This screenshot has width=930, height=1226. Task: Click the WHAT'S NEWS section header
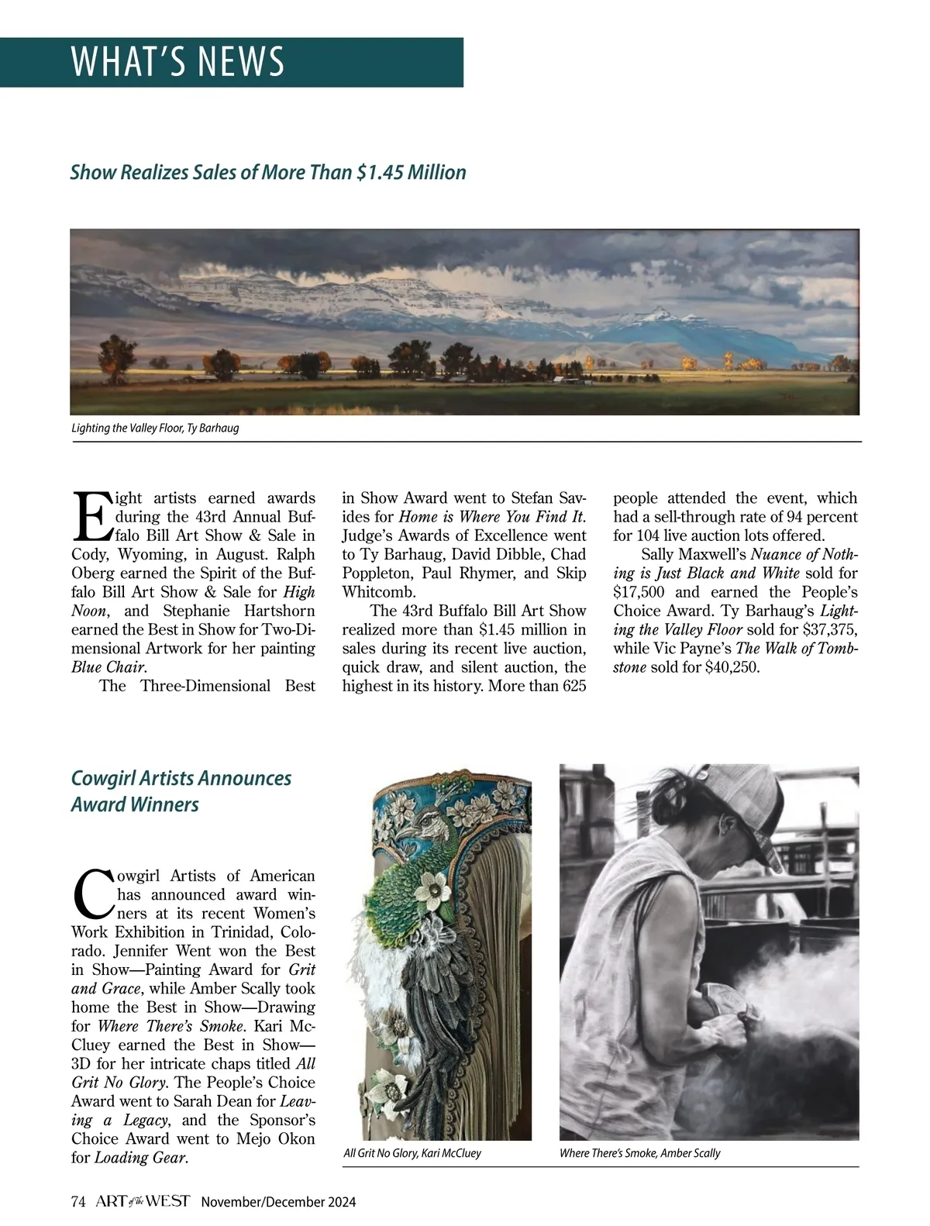coord(177,62)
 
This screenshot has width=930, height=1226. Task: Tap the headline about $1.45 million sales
coord(268,172)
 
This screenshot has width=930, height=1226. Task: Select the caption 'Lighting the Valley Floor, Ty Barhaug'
coord(155,428)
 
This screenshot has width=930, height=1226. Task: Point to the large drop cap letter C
coord(92,893)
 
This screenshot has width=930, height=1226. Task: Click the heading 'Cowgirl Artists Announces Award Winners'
coord(181,791)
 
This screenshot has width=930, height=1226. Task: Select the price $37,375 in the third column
coord(826,629)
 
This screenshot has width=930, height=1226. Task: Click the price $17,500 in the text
coord(641,592)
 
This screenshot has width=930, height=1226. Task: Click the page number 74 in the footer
coord(77,1202)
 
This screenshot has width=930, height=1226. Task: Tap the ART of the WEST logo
coord(143,1202)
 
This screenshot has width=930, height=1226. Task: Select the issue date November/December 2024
coord(278,1203)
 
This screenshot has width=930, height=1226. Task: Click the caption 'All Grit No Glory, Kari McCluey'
coord(412,1153)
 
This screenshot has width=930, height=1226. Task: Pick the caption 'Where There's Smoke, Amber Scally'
coord(639,1153)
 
